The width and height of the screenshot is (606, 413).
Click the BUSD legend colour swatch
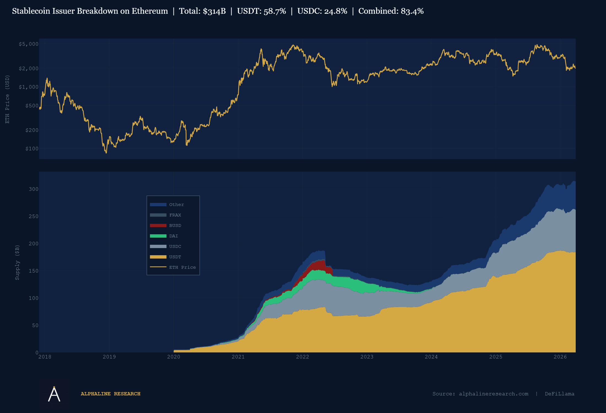158,225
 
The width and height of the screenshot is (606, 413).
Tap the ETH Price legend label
182,267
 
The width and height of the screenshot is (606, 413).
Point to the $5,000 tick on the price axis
29,44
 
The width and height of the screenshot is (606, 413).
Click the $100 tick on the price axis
32,149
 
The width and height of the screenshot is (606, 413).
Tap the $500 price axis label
32,106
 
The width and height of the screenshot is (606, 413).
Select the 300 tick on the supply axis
34,189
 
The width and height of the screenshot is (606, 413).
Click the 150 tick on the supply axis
34,271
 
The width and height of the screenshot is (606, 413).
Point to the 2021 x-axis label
238,357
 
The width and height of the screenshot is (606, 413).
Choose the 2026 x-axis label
560,357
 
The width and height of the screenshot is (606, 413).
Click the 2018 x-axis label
45,357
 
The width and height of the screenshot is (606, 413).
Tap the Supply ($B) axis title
17,262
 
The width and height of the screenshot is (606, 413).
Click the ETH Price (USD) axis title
7,99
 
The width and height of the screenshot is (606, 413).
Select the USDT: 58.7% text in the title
261,11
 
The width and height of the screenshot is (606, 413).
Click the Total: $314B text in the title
202,11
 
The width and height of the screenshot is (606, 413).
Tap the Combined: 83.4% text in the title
391,11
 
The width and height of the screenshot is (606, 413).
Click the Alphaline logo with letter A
54,394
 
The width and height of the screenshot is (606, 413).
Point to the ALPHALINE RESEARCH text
110,394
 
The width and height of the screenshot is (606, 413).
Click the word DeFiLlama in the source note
559,394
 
